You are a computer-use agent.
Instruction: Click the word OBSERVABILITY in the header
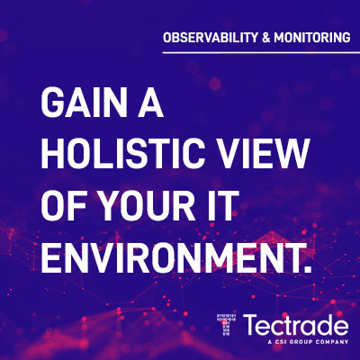(x=211, y=37)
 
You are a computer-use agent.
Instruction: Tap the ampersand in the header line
(x=266, y=38)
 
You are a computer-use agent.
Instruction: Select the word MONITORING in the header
(x=312, y=37)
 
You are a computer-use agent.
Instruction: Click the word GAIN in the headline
(x=84, y=103)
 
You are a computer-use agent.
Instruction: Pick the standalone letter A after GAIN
(x=150, y=103)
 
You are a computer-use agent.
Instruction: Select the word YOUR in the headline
(x=148, y=205)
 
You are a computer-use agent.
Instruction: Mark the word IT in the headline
(x=222, y=205)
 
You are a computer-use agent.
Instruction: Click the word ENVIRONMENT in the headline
(x=170, y=256)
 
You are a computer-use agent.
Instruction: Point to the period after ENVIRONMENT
(x=307, y=268)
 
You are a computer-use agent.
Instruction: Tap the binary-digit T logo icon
(x=227, y=327)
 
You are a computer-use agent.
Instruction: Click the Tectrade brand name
(x=296, y=325)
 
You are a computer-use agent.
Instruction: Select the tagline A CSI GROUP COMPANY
(x=309, y=341)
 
